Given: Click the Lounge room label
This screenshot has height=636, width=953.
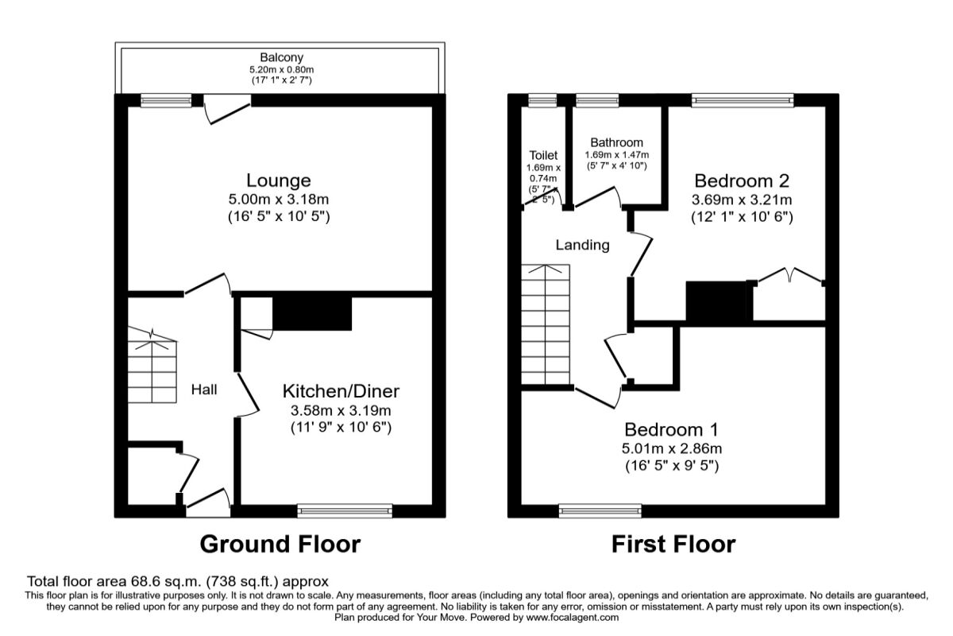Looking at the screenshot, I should [277, 180].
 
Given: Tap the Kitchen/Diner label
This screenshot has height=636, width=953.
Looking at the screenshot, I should [341, 391].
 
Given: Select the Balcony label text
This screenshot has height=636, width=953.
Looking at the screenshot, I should [281, 58].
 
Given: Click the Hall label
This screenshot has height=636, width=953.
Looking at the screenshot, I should [204, 390].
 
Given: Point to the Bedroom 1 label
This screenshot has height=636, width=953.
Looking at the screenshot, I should [671, 430].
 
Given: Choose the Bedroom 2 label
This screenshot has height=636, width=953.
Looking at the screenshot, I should [743, 180].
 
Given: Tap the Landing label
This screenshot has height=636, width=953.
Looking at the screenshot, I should [582, 245].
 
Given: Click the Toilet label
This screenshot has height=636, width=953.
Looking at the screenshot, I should [543, 156].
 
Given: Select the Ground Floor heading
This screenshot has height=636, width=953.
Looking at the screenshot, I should [280, 545].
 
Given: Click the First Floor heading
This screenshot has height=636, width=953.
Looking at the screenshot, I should [673, 545].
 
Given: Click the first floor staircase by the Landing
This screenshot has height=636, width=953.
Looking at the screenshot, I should [546, 326].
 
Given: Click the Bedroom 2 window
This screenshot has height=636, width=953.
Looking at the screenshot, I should [742, 100].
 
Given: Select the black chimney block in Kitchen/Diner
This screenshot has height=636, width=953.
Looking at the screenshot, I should [312, 313].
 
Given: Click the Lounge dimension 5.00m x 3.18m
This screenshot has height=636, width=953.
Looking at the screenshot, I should [277, 200].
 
